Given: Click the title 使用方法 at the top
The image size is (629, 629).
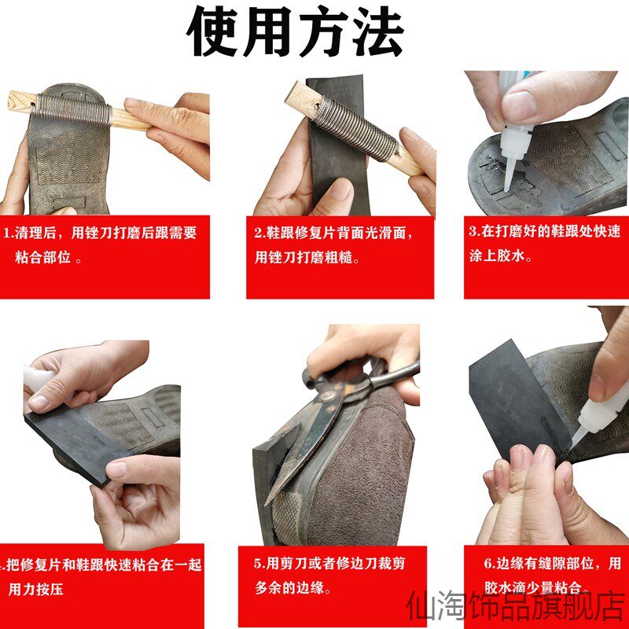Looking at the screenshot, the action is pos(296,32).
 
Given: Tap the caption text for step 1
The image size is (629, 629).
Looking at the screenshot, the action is pos(101,245).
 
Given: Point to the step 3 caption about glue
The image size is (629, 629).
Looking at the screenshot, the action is pos(545,243).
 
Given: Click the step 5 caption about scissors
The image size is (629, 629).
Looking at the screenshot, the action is pos(329,576).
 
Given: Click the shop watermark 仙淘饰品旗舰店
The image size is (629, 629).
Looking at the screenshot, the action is pos(517,606).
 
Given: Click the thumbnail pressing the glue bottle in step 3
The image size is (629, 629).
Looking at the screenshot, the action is pos(519,105).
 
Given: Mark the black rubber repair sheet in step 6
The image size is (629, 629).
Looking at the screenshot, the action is pos(517,401).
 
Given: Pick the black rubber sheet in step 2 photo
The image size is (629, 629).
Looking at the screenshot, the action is pos(338,145).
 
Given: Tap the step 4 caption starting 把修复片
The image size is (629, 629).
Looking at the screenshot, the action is pos(102,577).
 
